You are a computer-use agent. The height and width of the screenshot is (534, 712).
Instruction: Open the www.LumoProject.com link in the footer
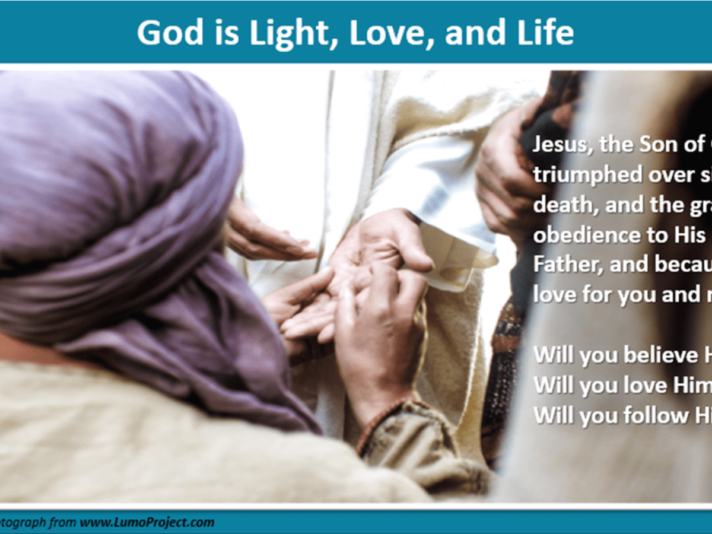147,523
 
